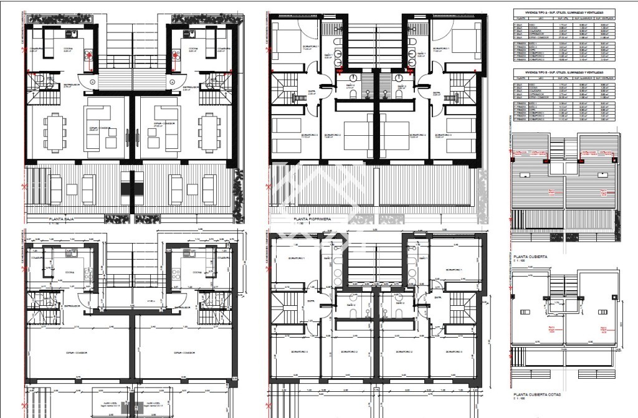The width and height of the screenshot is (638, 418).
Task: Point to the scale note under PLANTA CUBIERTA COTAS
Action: pos(521,400)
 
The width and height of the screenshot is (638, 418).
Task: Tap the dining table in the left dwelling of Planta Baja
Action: pos(56,134)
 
